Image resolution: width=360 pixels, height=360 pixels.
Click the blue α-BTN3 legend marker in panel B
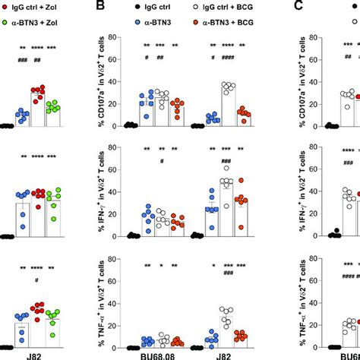point(141,26)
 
